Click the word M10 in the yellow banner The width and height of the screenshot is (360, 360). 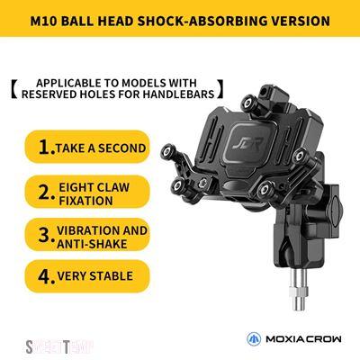pos(43,22)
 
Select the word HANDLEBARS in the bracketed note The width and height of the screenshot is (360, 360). pos(178,94)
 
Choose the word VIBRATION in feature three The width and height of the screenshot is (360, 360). pos(84,230)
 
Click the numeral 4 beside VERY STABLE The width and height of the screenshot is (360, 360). pos(46,276)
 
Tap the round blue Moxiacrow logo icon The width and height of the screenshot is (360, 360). pos(254,339)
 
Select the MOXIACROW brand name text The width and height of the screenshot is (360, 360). pos(303,339)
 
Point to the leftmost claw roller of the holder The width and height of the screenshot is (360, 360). pos(168,152)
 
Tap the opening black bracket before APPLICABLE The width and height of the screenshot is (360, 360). pos(14,89)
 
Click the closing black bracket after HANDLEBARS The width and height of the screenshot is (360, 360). pos(220,89)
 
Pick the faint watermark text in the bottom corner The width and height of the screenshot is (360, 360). pos(58,347)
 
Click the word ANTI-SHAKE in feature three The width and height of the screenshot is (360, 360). pos(92,244)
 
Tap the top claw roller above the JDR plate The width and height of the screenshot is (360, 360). pos(248,103)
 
